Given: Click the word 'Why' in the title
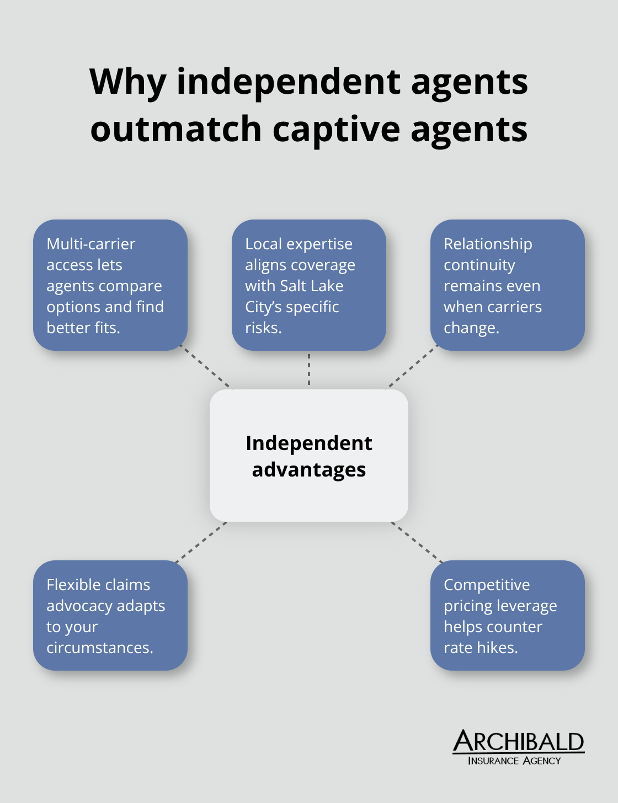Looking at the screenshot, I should pyautogui.click(x=127, y=82).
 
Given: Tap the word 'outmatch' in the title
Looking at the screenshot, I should pyautogui.click(x=175, y=129).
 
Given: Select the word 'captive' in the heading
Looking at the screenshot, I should pyautogui.click(x=336, y=129).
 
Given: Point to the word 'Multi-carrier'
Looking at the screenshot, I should pyautogui.click(x=90, y=244).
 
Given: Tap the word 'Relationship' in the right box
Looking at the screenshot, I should pyautogui.click(x=488, y=244).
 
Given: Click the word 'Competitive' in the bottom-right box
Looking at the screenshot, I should pyautogui.click(x=487, y=585).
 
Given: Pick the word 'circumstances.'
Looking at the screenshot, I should pyautogui.click(x=99, y=647).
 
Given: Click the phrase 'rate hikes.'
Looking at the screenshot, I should pyautogui.click(x=481, y=647).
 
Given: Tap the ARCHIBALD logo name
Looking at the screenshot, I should pyautogui.click(x=518, y=742).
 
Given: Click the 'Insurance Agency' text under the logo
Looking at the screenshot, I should pyautogui.click(x=514, y=761).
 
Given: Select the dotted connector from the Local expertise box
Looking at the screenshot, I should pyautogui.click(x=309, y=370).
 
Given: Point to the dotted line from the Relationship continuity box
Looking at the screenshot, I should pyautogui.click(x=411, y=368).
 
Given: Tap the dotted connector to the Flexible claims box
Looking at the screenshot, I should pyautogui.click(x=200, y=542).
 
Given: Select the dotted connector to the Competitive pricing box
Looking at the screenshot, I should pyautogui.click(x=418, y=542).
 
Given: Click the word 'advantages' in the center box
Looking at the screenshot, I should pyautogui.click(x=309, y=470).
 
